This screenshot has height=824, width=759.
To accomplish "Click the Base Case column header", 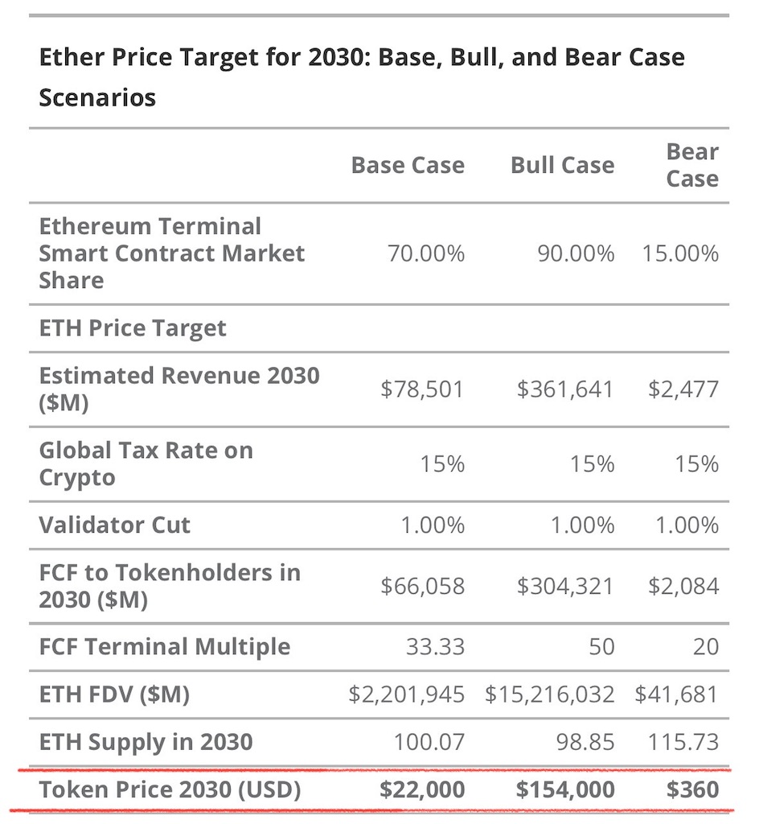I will click(408, 166).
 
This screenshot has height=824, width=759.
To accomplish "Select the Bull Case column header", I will click(562, 166).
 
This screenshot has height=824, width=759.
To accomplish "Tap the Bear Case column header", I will click(692, 165).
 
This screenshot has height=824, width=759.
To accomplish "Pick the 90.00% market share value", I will click(575, 253).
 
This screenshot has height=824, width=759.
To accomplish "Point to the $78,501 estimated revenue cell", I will click(422, 389).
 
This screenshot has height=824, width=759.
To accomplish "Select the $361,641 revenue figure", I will click(565, 389).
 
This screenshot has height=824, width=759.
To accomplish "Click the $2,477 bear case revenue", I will click(683, 389).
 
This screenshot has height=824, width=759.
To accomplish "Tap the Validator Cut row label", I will click(115, 525).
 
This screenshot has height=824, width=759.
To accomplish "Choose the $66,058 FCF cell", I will click(422, 586).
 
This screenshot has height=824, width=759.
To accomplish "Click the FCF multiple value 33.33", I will click(435, 647).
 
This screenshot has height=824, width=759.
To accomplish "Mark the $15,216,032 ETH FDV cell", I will click(549, 694).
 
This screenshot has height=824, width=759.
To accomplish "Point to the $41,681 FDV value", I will click(676, 694).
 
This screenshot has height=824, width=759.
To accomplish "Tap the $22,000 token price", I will click(422, 790).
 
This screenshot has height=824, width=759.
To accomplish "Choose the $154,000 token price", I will click(565, 790).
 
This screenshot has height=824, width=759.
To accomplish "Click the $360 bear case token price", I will click(693, 790).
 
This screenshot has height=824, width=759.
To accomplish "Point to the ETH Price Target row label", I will click(133, 328).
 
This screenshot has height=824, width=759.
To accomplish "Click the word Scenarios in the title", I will click(97, 98).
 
